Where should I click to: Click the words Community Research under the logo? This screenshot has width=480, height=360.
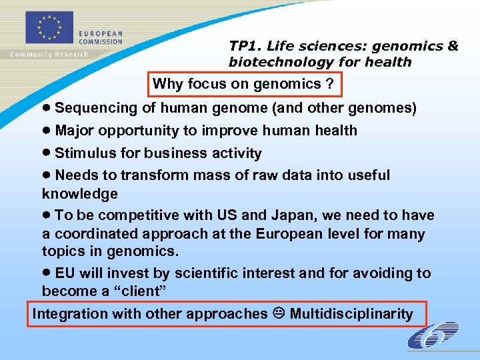coord(49,54)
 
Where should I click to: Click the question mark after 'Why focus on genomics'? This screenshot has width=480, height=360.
coord(329,84)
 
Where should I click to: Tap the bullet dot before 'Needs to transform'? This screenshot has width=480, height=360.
coord(47,175)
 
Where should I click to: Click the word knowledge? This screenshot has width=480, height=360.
coord(80,194)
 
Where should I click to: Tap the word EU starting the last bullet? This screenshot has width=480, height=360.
coord(65,273)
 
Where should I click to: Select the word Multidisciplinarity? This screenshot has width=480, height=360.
coord(351,314)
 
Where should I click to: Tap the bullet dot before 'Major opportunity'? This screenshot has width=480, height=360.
coord(47,131)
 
